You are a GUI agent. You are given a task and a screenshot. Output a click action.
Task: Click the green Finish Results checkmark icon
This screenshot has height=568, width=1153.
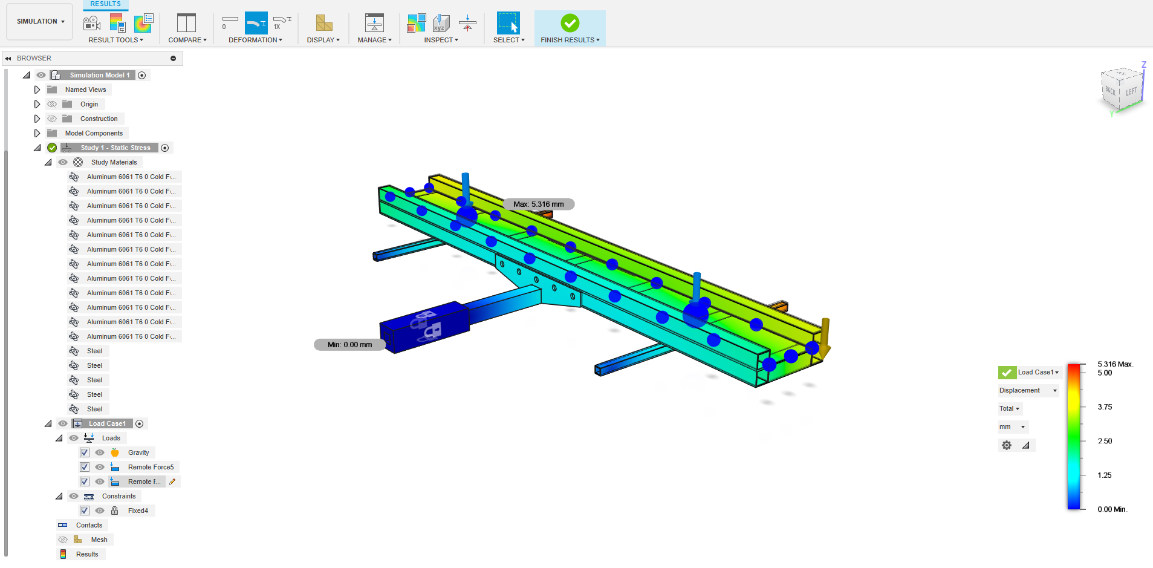[x=570, y=23]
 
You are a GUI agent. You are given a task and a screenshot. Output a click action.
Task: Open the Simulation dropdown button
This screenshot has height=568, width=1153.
[x=41, y=21]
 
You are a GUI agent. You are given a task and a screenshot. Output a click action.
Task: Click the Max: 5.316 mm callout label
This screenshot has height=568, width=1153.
[x=538, y=204]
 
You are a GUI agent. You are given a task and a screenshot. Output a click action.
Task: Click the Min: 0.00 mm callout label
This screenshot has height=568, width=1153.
[x=349, y=345]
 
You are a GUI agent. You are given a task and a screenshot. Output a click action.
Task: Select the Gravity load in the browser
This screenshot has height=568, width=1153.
[x=138, y=452]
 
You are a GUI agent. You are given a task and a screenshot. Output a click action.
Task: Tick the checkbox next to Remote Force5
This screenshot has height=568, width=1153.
[x=85, y=467]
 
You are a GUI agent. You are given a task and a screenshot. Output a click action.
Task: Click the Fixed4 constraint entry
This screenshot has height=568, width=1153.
[x=138, y=511]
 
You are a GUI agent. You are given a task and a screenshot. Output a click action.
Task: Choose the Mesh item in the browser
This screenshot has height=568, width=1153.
[x=99, y=540]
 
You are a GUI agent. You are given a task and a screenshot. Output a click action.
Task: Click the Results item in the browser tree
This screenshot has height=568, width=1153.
[x=87, y=554]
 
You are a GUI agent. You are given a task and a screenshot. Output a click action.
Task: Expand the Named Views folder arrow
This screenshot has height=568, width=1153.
[x=37, y=90]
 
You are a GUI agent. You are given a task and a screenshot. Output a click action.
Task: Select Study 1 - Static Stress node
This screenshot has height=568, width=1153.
[x=115, y=148]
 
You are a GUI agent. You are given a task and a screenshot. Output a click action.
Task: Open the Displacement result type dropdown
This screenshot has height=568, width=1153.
[x=1028, y=390]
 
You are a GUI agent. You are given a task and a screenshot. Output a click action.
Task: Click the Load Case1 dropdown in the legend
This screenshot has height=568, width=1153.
[x=1038, y=372]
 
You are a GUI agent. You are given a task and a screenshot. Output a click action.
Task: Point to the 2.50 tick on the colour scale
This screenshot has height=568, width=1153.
[x=1105, y=441]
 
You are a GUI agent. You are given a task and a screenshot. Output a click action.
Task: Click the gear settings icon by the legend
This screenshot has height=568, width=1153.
[x=1007, y=445]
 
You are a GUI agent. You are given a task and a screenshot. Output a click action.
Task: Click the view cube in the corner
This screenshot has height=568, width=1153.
[x=1122, y=90]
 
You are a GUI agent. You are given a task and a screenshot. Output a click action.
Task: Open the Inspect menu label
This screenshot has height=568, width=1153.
[x=441, y=40]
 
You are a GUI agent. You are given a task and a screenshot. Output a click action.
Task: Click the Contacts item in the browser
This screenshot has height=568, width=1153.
[x=89, y=525]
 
